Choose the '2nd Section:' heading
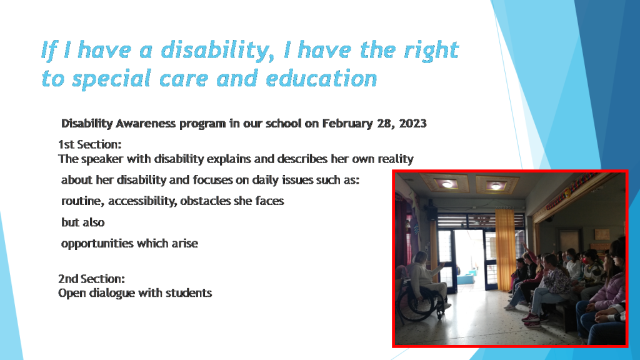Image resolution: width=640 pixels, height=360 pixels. tap(91, 279)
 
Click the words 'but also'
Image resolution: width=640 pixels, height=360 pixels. tap(82, 222)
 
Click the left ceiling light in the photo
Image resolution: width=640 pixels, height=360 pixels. tap(447, 184)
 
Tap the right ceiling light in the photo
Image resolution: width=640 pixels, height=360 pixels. tap(496, 186)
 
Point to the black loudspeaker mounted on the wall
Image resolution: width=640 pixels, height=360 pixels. tap(432, 211)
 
